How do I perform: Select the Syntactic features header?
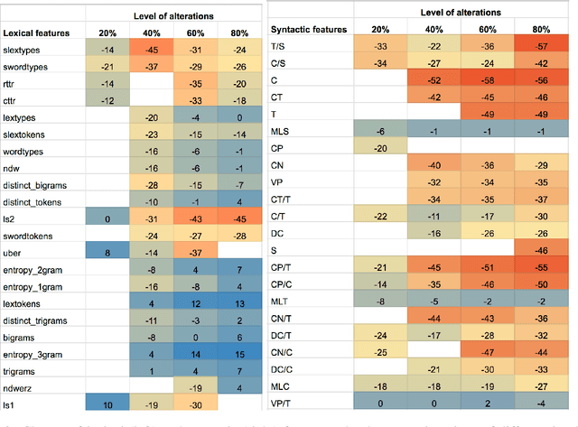click(309, 30)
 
